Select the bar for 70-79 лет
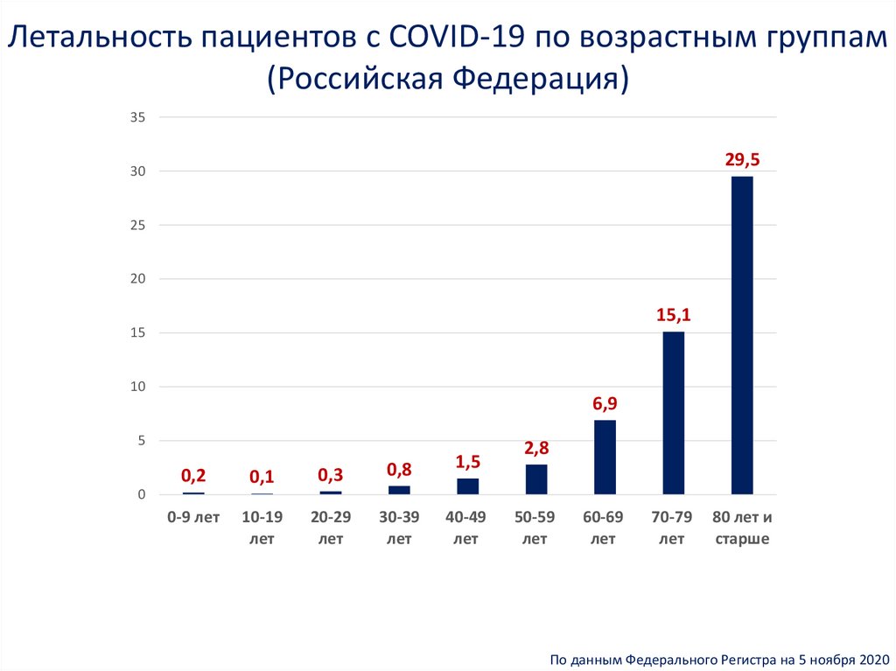click(x=673, y=413)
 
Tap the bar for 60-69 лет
click(x=605, y=457)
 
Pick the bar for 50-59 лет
click(x=536, y=479)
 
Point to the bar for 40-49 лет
click(x=467, y=486)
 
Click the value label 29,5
click(x=742, y=159)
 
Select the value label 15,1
click(x=674, y=315)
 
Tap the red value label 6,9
click(x=605, y=403)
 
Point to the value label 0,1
click(x=262, y=477)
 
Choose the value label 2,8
click(x=536, y=448)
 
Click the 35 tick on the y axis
click(x=138, y=117)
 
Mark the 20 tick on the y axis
click(x=138, y=279)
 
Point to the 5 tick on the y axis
click(x=141, y=441)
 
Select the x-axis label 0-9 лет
click(x=193, y=517)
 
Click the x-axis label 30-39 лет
click(x=399, y=528)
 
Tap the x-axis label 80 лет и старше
click(x=742, y=528)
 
